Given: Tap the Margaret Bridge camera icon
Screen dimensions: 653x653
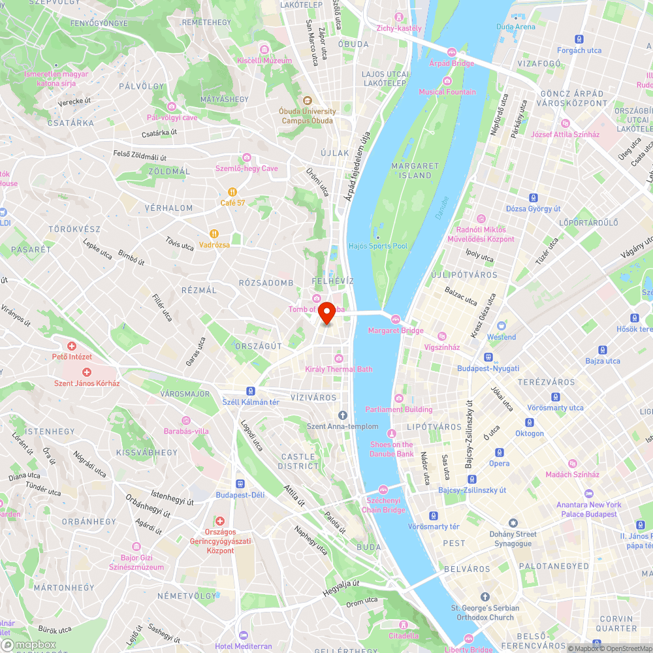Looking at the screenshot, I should (x=395, y=319).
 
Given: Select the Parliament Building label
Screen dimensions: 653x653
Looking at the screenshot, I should (x=399, y=409).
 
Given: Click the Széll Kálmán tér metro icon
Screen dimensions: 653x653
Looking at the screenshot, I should (x=251, y=390).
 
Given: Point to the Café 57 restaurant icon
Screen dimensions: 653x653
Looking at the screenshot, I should (x=232, y=191).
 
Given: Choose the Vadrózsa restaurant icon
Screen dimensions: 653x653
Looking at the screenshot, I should (x=214, y=233).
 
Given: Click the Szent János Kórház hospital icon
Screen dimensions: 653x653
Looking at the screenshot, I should (x=87, y=372).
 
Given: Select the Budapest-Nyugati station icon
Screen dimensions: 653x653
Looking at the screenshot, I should (x=488, y=357).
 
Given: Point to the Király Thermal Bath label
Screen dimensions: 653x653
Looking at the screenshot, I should (x=339, y=369).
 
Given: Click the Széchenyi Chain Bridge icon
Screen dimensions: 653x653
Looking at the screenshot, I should (x=383, y=489).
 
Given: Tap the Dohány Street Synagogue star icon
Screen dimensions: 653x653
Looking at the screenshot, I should (x=513, y=523).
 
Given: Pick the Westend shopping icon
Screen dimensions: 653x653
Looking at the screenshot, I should (x=502, y=325).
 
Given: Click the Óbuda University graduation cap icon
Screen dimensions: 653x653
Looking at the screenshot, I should (x=307, y=101).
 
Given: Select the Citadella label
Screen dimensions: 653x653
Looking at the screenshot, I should (x=404, y=635).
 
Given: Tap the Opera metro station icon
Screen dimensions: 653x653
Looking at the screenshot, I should (x=500, y=452).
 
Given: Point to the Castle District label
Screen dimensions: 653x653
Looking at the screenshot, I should (x=298, y=461).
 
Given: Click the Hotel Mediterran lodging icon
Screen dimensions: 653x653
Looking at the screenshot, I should (x=244, y=635).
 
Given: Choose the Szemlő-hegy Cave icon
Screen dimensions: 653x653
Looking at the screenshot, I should (x=247, y=157).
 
